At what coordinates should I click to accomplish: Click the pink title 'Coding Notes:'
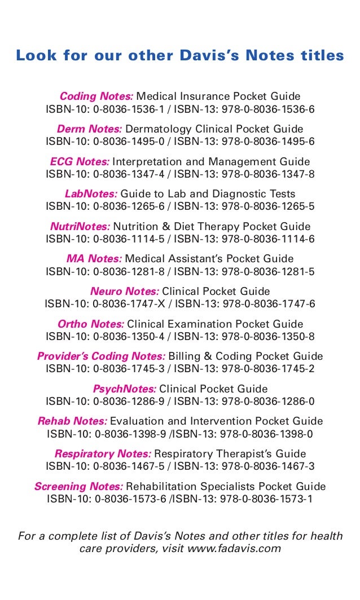(96, 96)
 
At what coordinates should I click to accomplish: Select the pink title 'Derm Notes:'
(89, 129)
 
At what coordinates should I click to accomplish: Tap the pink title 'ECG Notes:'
(80, 162)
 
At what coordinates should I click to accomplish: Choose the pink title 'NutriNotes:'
(80, 227)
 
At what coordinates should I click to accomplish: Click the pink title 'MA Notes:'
(94, 259)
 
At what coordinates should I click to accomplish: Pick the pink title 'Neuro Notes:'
(125, 292)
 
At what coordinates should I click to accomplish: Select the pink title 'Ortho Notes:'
(91, 324)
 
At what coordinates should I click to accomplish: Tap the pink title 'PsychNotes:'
(124, 389)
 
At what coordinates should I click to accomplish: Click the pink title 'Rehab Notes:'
(72, 421)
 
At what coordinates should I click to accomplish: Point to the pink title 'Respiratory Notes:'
(103, 454)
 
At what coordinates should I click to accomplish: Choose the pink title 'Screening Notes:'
(78, 487)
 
